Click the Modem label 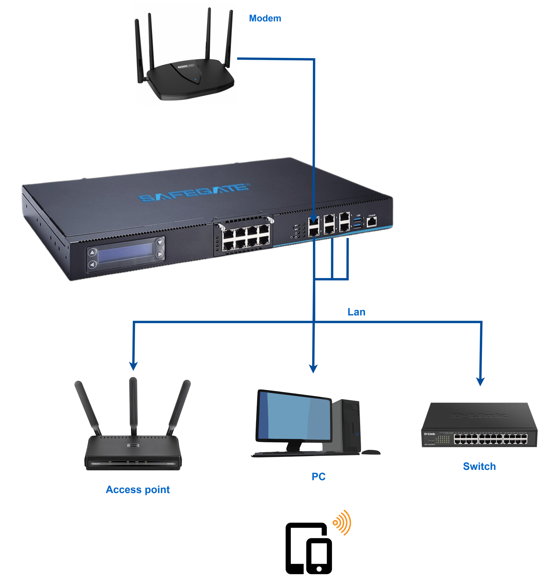pos(265,18)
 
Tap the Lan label pos(356,312)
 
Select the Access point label pos(138,489)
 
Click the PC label pos(318,477)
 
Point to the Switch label pos(479,466)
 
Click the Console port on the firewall pos(372,222)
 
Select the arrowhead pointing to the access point pos(133,366)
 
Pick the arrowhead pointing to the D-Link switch pos(480,382)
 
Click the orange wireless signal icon pos(342,522)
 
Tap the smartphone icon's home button pos(319,568)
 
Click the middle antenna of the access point pos(134,404)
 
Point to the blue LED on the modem pos(195,79)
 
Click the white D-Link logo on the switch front pos(429,434)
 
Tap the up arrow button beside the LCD pos(93,252)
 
